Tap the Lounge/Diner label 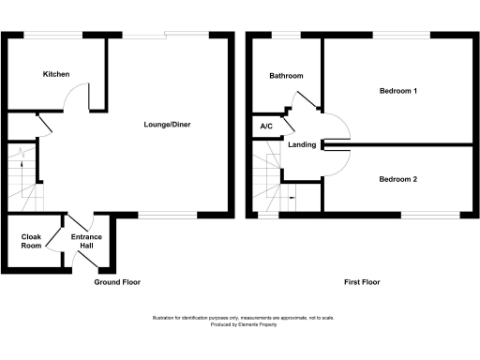167,125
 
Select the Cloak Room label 31,242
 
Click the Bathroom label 285,76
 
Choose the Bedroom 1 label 397,91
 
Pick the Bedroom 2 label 397,178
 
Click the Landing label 302,144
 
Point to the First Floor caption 361,282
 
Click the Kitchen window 52,35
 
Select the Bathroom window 287,35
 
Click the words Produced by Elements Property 240,324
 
